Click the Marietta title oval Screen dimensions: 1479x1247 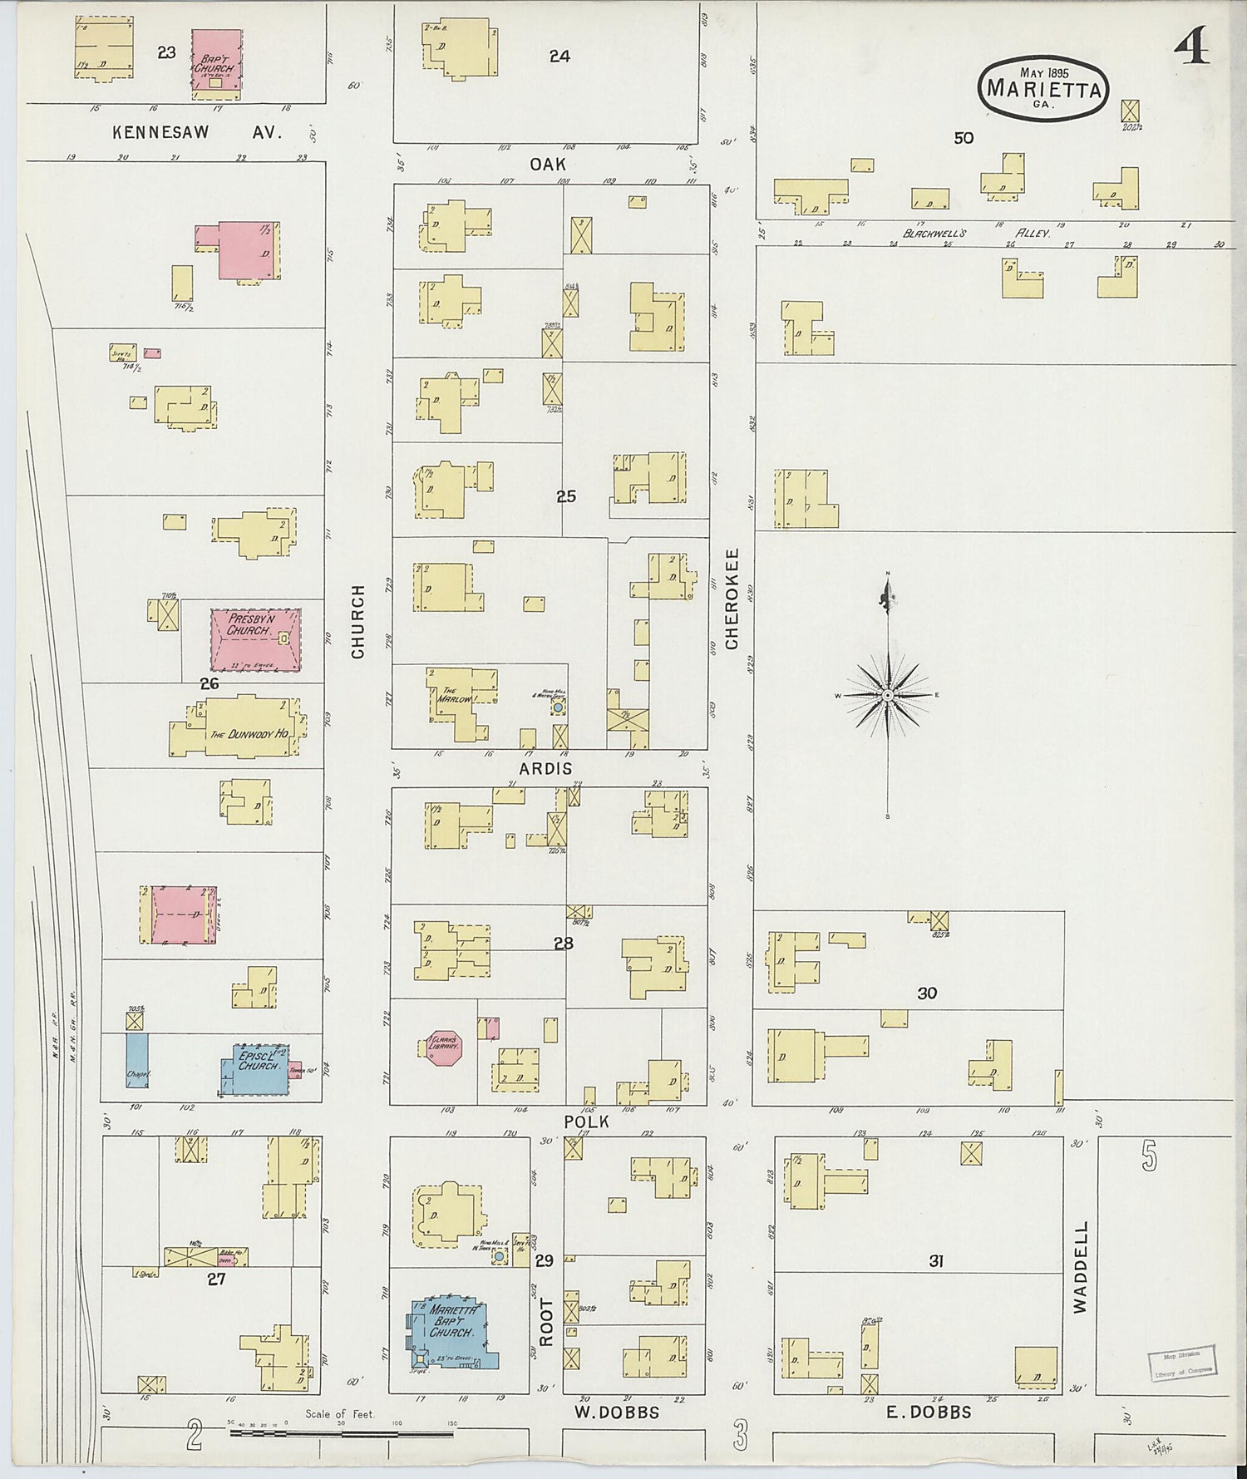point(1042,87)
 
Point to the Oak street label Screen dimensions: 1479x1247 point(548,164)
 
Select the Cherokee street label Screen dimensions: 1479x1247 point(732,599)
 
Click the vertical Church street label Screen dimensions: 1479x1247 point(358,621)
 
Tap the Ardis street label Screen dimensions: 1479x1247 point(545,768)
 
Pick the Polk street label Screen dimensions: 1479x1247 point(587,1122)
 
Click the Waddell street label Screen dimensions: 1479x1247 point(1080,1266)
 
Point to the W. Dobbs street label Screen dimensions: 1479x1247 point(616,1412)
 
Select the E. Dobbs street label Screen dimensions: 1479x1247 point(929,1412)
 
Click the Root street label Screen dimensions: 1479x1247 point(546,1321)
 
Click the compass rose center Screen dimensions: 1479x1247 point(888,694)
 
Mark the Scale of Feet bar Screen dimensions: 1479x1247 point(341,1432)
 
